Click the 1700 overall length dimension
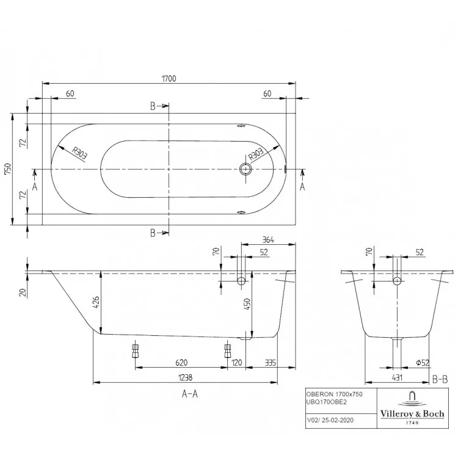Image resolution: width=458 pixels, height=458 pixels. coord(169,79)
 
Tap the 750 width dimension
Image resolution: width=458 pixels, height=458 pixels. coord(7,169)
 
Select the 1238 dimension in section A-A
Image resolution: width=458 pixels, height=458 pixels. coord(185,377)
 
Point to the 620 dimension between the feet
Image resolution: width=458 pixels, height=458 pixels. coord(181,363)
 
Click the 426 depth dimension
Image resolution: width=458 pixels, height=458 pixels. coord(96,302)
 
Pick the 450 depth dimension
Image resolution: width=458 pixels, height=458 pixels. coord(247,304)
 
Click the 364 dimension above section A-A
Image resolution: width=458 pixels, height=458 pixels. coord(268,240)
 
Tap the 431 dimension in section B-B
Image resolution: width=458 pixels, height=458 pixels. coord(397,377)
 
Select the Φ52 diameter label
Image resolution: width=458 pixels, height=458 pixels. coord(423,363)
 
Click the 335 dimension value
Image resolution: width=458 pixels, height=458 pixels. coord(270,363)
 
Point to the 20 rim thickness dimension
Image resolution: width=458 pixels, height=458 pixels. coord(23,292)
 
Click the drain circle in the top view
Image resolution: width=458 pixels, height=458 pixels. coord(245,169)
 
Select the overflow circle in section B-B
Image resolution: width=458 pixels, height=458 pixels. coord(397,281)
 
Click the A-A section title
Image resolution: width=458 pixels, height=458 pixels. coord(190,394)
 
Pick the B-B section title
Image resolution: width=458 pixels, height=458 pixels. coord(440,379)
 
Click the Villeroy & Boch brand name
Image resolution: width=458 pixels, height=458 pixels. coord(412,413)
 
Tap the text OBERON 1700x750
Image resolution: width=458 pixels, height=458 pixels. coord(334,394)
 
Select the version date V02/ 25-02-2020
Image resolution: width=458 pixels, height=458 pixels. coord(330,420)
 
